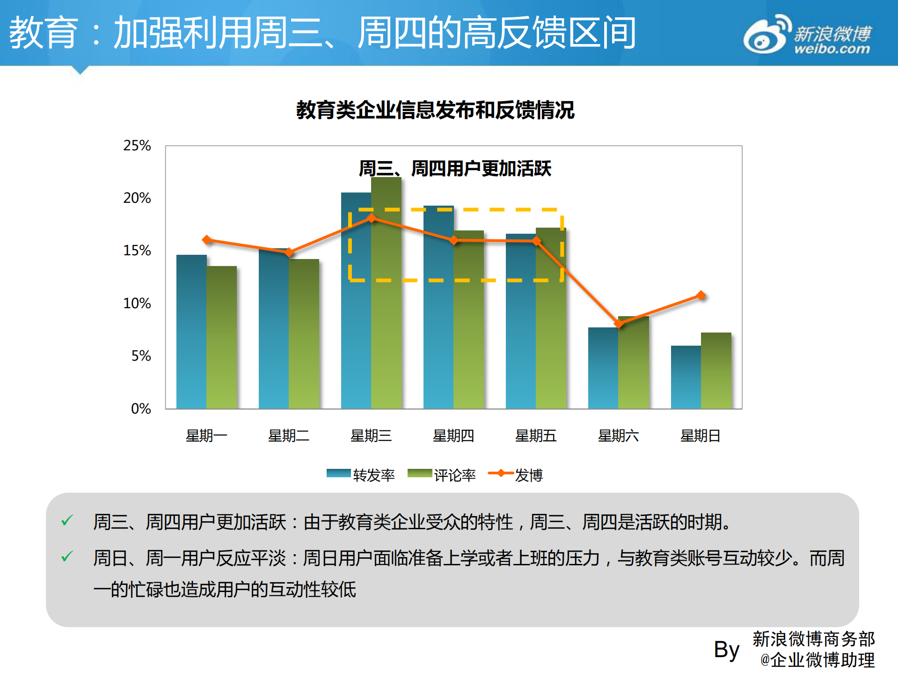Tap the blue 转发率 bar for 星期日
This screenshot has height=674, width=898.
(x=686, y=377)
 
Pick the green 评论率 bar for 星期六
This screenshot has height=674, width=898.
(x=634, y=363)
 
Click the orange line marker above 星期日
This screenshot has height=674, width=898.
(x=701, y=295)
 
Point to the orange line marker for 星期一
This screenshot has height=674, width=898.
(x=207, y=240)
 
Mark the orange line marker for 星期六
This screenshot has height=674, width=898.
(x=619, y=323)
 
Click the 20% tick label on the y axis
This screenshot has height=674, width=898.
(x=137, y=198)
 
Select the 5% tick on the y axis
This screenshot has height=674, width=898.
(x=141, y=356)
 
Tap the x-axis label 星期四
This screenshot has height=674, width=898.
(x=453, y=436)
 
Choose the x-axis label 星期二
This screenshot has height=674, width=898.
(x=289, y=436)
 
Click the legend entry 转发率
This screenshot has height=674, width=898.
(x=361, y=475)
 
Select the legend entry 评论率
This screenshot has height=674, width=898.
(x=442, y=475)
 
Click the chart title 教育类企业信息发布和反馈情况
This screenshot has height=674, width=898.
(x=435, y=111)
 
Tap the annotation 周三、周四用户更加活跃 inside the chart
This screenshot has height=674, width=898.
(x=455, y=169)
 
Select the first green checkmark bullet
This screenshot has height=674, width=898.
(x=67, y=520)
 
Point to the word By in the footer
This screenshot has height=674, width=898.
(x=726, y=650)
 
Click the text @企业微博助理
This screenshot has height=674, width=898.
(x=817, y=660)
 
